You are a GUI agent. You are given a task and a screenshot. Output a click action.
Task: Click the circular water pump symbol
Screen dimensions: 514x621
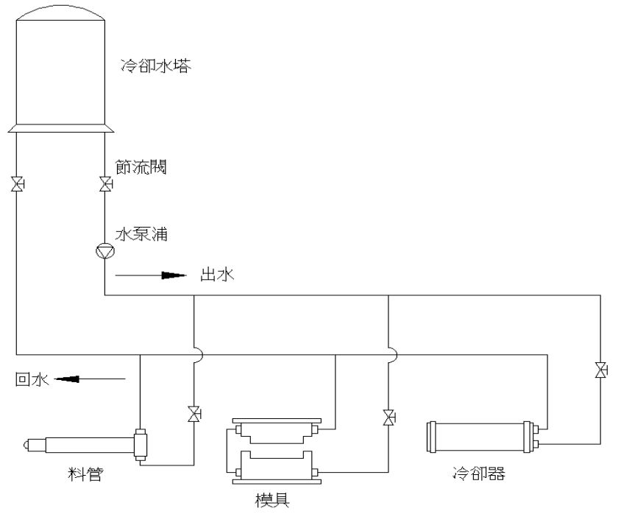(105, 252)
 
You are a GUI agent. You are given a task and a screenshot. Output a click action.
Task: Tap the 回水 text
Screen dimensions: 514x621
(32, 380)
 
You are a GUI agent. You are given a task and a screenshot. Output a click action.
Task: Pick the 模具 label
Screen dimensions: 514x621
(272, 501)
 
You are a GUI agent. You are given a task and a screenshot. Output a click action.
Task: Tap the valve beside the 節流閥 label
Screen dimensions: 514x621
(105, 183)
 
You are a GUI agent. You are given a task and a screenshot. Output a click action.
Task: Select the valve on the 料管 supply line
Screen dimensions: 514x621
(194, 415)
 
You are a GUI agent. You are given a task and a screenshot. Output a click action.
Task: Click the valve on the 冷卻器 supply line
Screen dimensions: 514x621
(601, 370)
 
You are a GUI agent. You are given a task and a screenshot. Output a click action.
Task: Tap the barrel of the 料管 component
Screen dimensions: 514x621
(88, 445)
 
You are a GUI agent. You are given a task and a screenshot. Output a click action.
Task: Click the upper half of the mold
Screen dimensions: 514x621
(276, 434)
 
